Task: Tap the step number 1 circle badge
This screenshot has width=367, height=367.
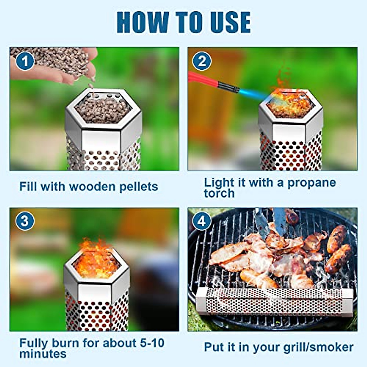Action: (x=25, y=61)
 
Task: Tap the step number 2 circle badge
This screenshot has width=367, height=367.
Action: (x=202, y=61)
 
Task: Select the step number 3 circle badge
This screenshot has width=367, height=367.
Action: (x=25, y=221)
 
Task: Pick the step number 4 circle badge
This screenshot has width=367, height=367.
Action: (x=202, y=221)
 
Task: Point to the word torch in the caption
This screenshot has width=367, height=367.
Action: (x=219, y=193)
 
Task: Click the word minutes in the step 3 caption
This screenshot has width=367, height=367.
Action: (x=43, y=354)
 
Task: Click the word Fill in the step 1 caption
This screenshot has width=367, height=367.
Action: (x=28, y=187)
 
